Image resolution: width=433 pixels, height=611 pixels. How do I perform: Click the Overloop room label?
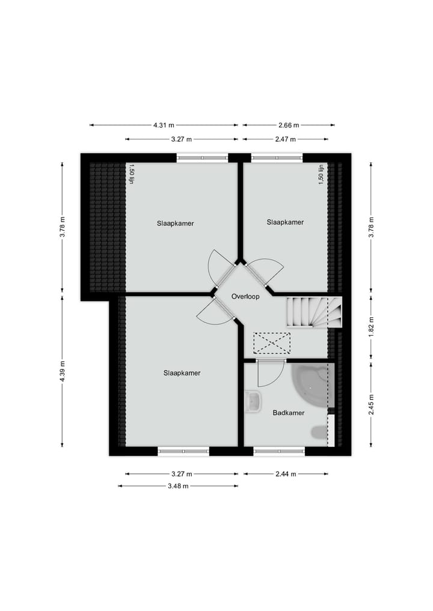pyautogui.click(x=245, y=297)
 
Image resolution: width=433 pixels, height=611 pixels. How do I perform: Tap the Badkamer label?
pyautogui.click(x=289, y=413)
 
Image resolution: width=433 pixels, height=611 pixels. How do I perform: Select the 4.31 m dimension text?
pyautogui.click(x=163, y=126)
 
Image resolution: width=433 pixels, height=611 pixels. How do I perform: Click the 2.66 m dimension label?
pyautogui.click(x=288, y=126)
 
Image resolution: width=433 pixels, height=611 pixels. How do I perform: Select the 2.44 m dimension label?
pyautogui.click(x=286, y=474)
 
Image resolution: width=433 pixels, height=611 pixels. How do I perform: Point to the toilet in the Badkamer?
pyautogui.click(x=318, y=431)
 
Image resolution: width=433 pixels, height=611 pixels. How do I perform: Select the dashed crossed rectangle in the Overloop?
pyautogui.click(x=271, y=343)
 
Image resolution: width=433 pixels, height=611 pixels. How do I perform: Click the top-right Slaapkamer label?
pyautogui.click(x=285, y=222)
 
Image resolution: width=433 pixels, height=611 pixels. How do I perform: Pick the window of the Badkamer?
pyautogui.click(x=279, y=451)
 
